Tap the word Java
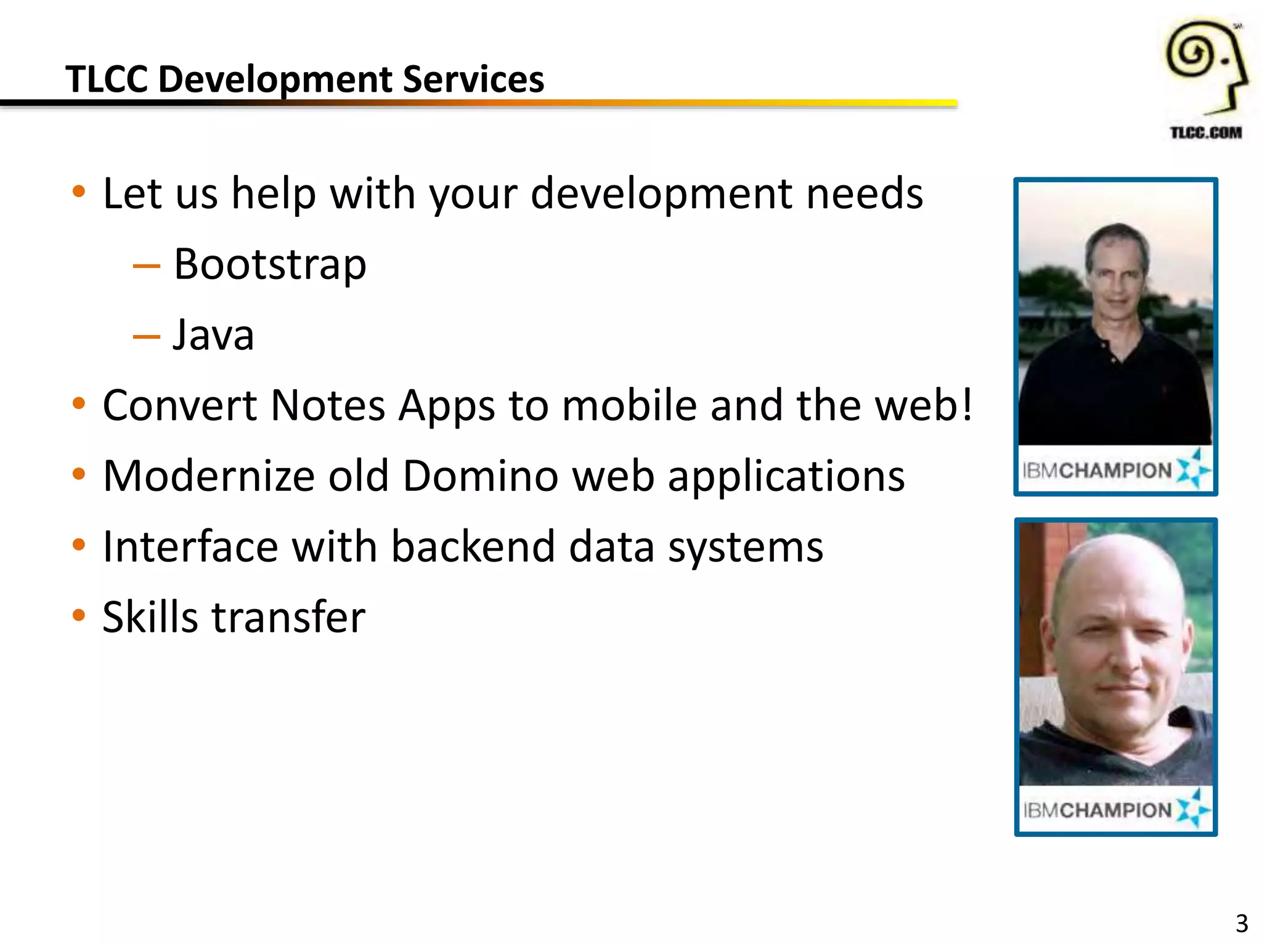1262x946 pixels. click(213, 336)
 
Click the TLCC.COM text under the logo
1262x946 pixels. click(1206, 132)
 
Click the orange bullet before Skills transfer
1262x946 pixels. click(78, 615)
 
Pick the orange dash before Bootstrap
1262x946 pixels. click(147, 266)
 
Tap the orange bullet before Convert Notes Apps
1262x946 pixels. click(78, 404)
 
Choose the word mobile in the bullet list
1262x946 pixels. click(629, 406)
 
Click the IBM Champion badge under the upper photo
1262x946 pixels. click(1115, 471)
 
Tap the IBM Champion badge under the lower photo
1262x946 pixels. click(1115, 810)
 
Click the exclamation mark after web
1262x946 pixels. click(966, 405)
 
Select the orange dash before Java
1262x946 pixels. click(147, 337)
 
